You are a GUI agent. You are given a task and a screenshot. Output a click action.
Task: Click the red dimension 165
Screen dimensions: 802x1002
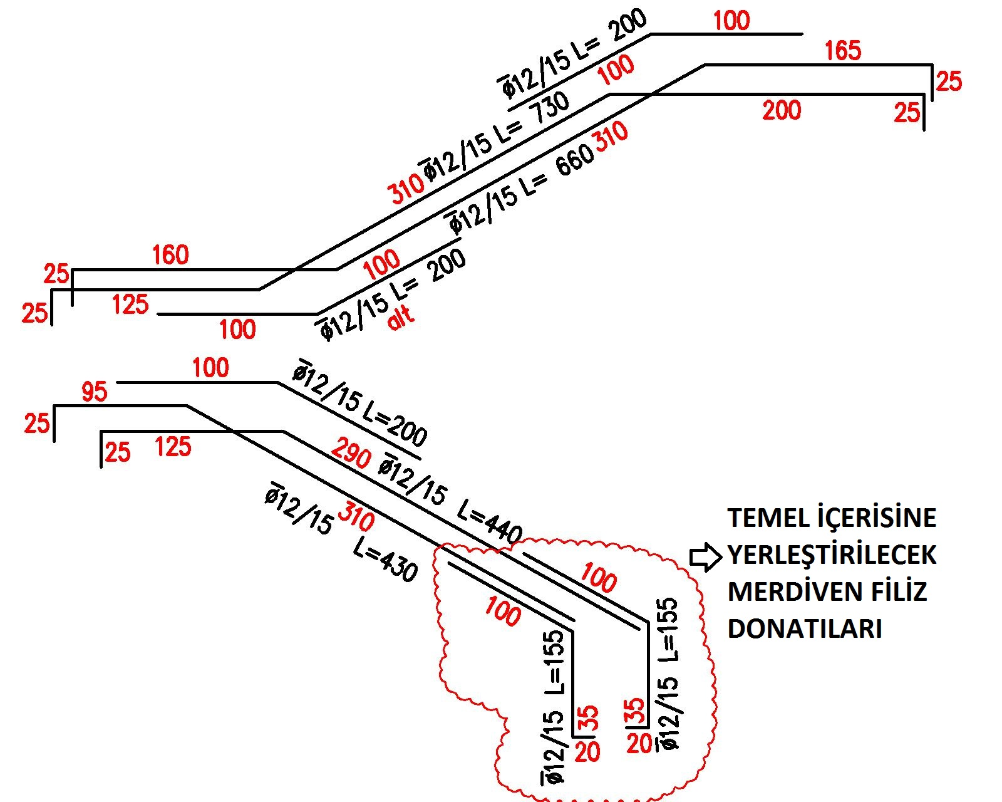coord(843,50)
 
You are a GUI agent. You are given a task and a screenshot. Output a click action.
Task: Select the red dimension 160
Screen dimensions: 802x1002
coord(170,255)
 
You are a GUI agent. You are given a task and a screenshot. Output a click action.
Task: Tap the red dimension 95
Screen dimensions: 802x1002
coord(95,392)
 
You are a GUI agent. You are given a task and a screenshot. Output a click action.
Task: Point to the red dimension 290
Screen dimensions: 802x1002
coord(351,454)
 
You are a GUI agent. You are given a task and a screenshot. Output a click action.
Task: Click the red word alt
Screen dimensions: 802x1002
coord(401,318)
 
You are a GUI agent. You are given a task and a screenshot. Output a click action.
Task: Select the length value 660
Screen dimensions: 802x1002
coord(573,160)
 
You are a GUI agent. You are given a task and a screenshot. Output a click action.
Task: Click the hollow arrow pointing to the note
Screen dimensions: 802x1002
coord(705,557)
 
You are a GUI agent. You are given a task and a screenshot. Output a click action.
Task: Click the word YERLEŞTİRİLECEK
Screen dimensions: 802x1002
coord(832,555)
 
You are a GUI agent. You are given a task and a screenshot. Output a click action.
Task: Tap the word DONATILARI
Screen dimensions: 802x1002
coord(805,628)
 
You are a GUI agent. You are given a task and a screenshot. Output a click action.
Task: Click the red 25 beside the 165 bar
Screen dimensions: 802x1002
coord(949,81)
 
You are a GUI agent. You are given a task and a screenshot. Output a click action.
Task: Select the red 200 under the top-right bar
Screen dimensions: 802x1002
coord(782,111)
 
